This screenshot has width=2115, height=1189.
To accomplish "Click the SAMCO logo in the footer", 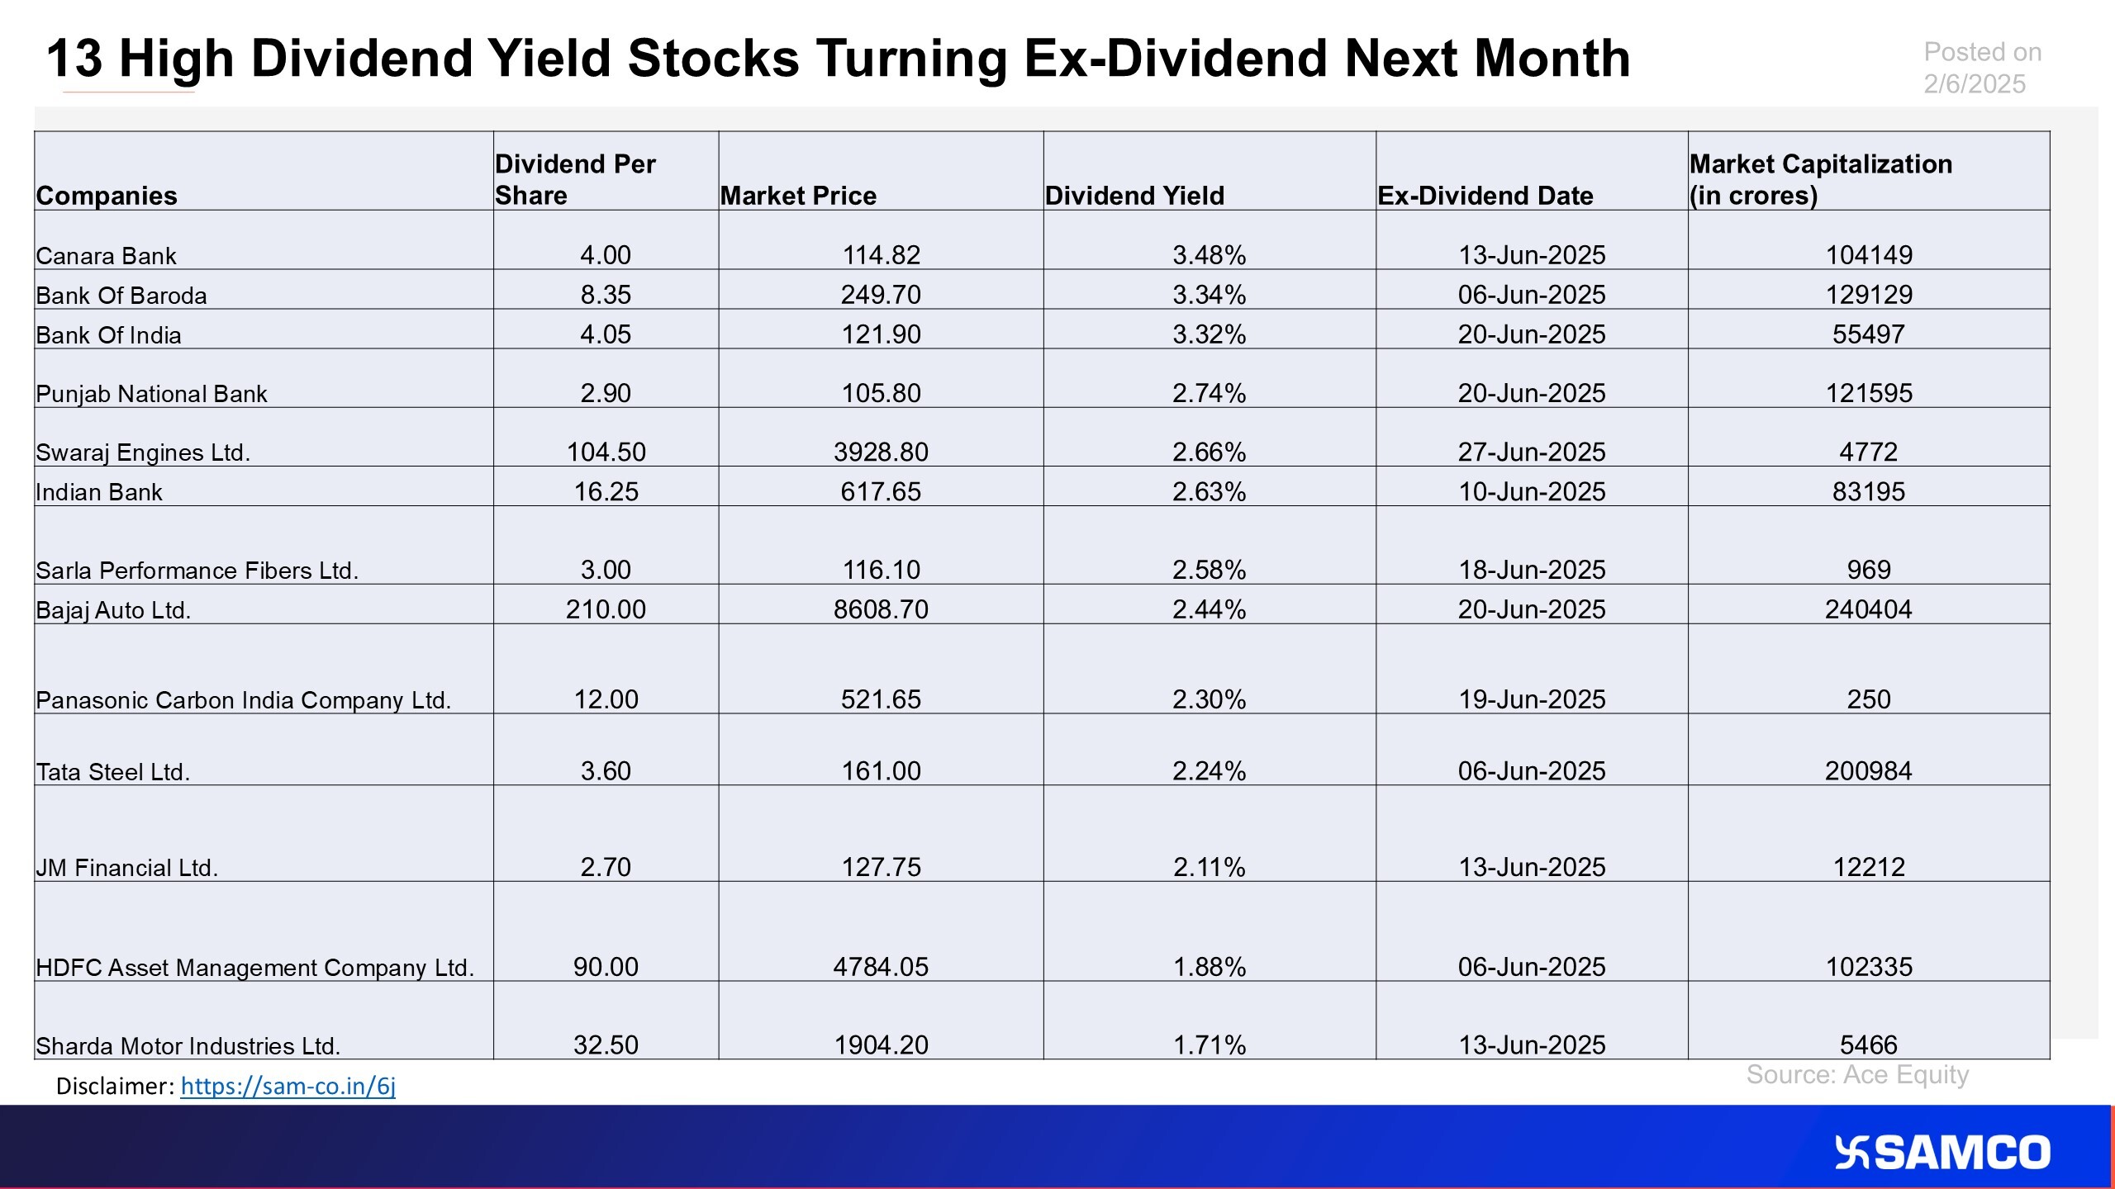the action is (1942, 1153).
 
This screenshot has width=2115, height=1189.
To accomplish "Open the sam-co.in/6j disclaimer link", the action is (288, 1086).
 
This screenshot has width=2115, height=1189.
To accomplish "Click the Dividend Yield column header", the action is (1134, 196).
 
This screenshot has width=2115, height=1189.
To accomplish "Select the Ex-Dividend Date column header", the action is (1485, 196).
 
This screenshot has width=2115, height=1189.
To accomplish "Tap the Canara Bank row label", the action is (106, 256).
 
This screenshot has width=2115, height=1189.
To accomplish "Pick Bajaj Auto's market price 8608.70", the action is (881, 609).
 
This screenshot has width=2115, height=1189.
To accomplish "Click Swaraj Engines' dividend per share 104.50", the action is (606, 452).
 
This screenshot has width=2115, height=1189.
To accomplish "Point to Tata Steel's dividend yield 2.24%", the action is (1209, 771).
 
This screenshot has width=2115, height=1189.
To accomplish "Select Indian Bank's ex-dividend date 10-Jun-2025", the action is (1532, 491).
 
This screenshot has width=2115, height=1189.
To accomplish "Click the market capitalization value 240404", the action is (1869, 609).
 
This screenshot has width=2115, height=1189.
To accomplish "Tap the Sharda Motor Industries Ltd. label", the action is (188, 1046).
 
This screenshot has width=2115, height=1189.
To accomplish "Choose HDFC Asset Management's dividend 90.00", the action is (606, 967).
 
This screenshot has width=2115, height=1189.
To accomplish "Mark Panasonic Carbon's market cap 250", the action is (1869, 699).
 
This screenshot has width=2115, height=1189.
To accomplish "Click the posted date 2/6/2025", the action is (1975, 84).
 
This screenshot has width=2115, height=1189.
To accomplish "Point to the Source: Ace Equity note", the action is (1857, 1075).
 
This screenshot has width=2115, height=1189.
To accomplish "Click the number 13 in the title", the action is (74, 59).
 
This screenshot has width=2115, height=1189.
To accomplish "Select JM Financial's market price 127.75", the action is (881, 867).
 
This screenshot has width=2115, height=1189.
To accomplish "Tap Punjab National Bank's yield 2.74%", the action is (1209, 393).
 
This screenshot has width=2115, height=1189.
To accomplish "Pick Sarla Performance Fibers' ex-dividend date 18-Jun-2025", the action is (1532, 570).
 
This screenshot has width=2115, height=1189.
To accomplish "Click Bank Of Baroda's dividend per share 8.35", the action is (606, 295).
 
